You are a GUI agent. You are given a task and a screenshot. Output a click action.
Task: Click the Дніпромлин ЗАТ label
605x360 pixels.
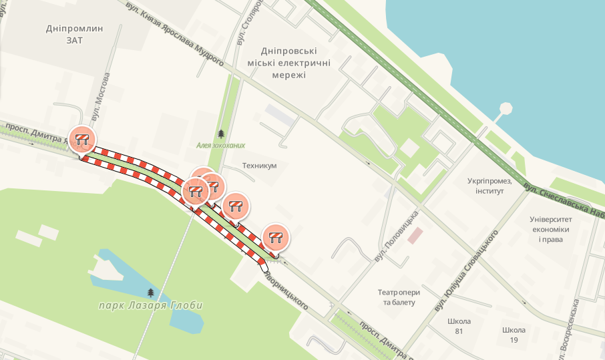(74, 34)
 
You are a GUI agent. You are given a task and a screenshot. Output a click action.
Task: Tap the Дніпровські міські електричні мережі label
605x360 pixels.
(288, 63)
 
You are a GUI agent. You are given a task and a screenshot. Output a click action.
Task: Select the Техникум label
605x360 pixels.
(259, 165)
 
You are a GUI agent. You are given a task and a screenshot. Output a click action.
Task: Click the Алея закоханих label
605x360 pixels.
(220, 145)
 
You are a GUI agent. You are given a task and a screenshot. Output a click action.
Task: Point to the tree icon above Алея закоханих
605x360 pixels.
(221, 134)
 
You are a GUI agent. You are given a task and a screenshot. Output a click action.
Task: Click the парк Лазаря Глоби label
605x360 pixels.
(150, 305)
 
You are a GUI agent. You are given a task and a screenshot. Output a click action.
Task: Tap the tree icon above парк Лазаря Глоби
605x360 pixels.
(150, 293)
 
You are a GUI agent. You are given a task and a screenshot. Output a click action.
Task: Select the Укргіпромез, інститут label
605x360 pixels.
(490, 186)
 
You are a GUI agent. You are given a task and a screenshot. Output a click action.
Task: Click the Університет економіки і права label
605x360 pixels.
(551, 229)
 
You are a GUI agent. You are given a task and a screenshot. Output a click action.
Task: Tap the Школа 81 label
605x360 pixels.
(459, 326)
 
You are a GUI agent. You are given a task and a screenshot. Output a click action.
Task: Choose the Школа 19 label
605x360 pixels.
(514, 335)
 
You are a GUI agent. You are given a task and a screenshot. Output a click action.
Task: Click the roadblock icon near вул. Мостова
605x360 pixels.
(82, 139)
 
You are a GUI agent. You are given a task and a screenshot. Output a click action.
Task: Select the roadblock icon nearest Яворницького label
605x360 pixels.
(275, 236)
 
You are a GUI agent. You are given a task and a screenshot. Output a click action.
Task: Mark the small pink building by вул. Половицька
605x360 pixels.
(415, 235)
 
